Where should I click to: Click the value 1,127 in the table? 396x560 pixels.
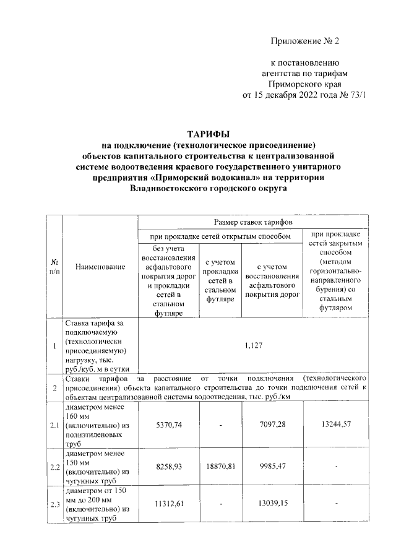254,347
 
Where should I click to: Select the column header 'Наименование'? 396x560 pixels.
100,267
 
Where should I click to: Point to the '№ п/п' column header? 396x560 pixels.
54,267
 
